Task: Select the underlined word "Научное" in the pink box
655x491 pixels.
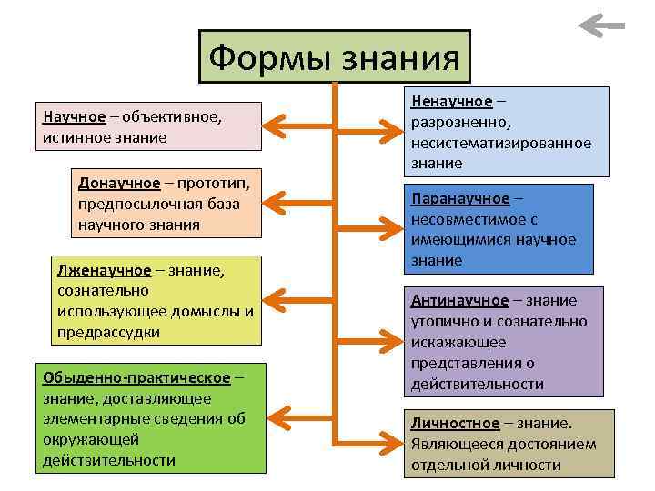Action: (x=74, y=117)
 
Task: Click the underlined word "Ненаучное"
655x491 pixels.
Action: (x=451, y=100)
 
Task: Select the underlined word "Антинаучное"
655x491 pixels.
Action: (x=459, y=301)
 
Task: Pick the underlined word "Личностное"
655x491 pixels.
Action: (x=455, y=424)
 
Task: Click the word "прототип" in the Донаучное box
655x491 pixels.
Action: (x=212, y=183)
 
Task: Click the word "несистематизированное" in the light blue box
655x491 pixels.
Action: (x=500, y=143)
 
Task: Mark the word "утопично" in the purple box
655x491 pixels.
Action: (x=442, y=322)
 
